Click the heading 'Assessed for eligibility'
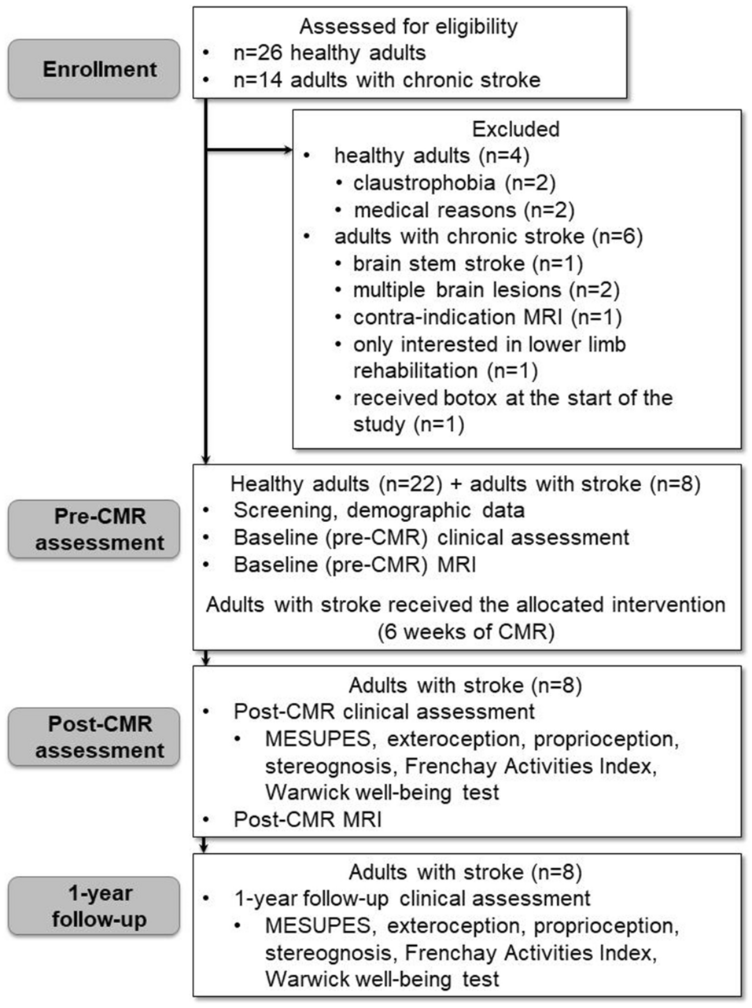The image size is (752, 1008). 408,27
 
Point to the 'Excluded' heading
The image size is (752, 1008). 515,129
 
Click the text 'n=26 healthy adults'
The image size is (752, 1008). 330,53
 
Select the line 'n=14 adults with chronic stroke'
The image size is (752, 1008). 387,80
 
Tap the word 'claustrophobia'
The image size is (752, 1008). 424,183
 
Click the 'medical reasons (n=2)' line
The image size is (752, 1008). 463,210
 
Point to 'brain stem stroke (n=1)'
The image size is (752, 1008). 467,263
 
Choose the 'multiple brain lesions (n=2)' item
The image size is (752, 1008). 485,290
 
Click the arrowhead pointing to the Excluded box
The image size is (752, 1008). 287,149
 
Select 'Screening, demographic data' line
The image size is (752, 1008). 378,510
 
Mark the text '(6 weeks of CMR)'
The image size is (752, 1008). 466,631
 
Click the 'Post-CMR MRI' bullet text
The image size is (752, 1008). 307,819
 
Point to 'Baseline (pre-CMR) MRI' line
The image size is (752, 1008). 354,564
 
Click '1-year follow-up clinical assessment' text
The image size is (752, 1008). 411,899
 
